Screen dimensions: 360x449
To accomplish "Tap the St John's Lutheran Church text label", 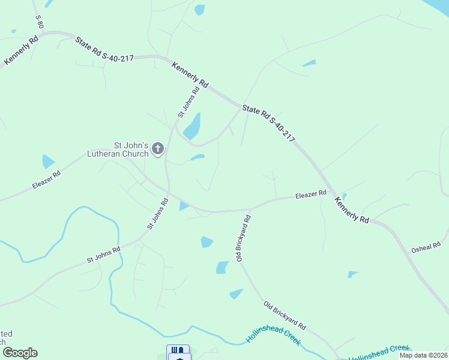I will (x=131, y=149).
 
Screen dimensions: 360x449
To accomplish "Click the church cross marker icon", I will (x=158, y=148).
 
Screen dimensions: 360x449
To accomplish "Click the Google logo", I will (x=20, y=353).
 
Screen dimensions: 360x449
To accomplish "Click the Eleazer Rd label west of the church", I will (x=48, y=178).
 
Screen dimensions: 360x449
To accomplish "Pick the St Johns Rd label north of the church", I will (x=188, y=103).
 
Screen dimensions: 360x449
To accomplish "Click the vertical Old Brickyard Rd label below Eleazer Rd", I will (x=243, y=239).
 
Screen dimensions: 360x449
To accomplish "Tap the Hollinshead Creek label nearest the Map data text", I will (x=379, y=352).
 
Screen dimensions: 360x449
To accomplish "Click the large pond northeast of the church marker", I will (x=192, y=127).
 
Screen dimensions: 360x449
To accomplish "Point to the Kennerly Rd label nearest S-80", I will (x=21, y=51).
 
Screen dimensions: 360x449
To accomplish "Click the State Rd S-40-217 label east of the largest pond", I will (x=268, y=124).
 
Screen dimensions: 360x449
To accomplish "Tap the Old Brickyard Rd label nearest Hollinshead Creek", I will (x=285, y=316).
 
